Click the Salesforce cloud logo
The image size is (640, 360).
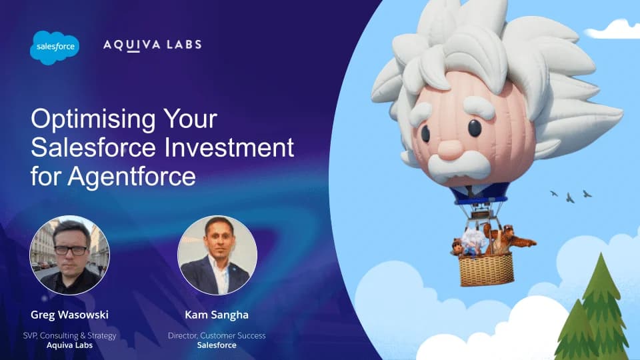[x=55, y=47]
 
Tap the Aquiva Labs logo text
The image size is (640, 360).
[x=153, y=45]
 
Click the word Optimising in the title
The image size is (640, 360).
[x=93, y=119]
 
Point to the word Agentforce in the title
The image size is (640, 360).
[x=131, y=177]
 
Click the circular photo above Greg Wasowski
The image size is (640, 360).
[x=70, y=255]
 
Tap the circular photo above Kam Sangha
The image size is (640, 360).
[x=217, y=255]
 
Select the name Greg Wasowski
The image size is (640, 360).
[x=70, y=315]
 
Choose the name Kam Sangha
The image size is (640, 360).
[x=217, y=315]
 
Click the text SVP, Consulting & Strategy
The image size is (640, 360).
[x=70, y=335]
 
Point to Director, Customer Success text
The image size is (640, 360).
[x=217, y=335]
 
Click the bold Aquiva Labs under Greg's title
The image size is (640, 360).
[x=70, y=345]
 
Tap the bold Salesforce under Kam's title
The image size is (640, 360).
[x=217, y=345]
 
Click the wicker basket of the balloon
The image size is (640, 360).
[x=486, y=269]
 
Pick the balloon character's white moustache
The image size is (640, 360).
[x=459, y=166]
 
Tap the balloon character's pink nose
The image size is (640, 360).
[x=451, y=149]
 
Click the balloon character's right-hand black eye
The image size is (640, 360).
[x=475, y=128]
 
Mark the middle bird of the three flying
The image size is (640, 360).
[x=570, y=199]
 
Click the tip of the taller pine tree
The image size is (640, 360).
[x=601, y=253]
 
